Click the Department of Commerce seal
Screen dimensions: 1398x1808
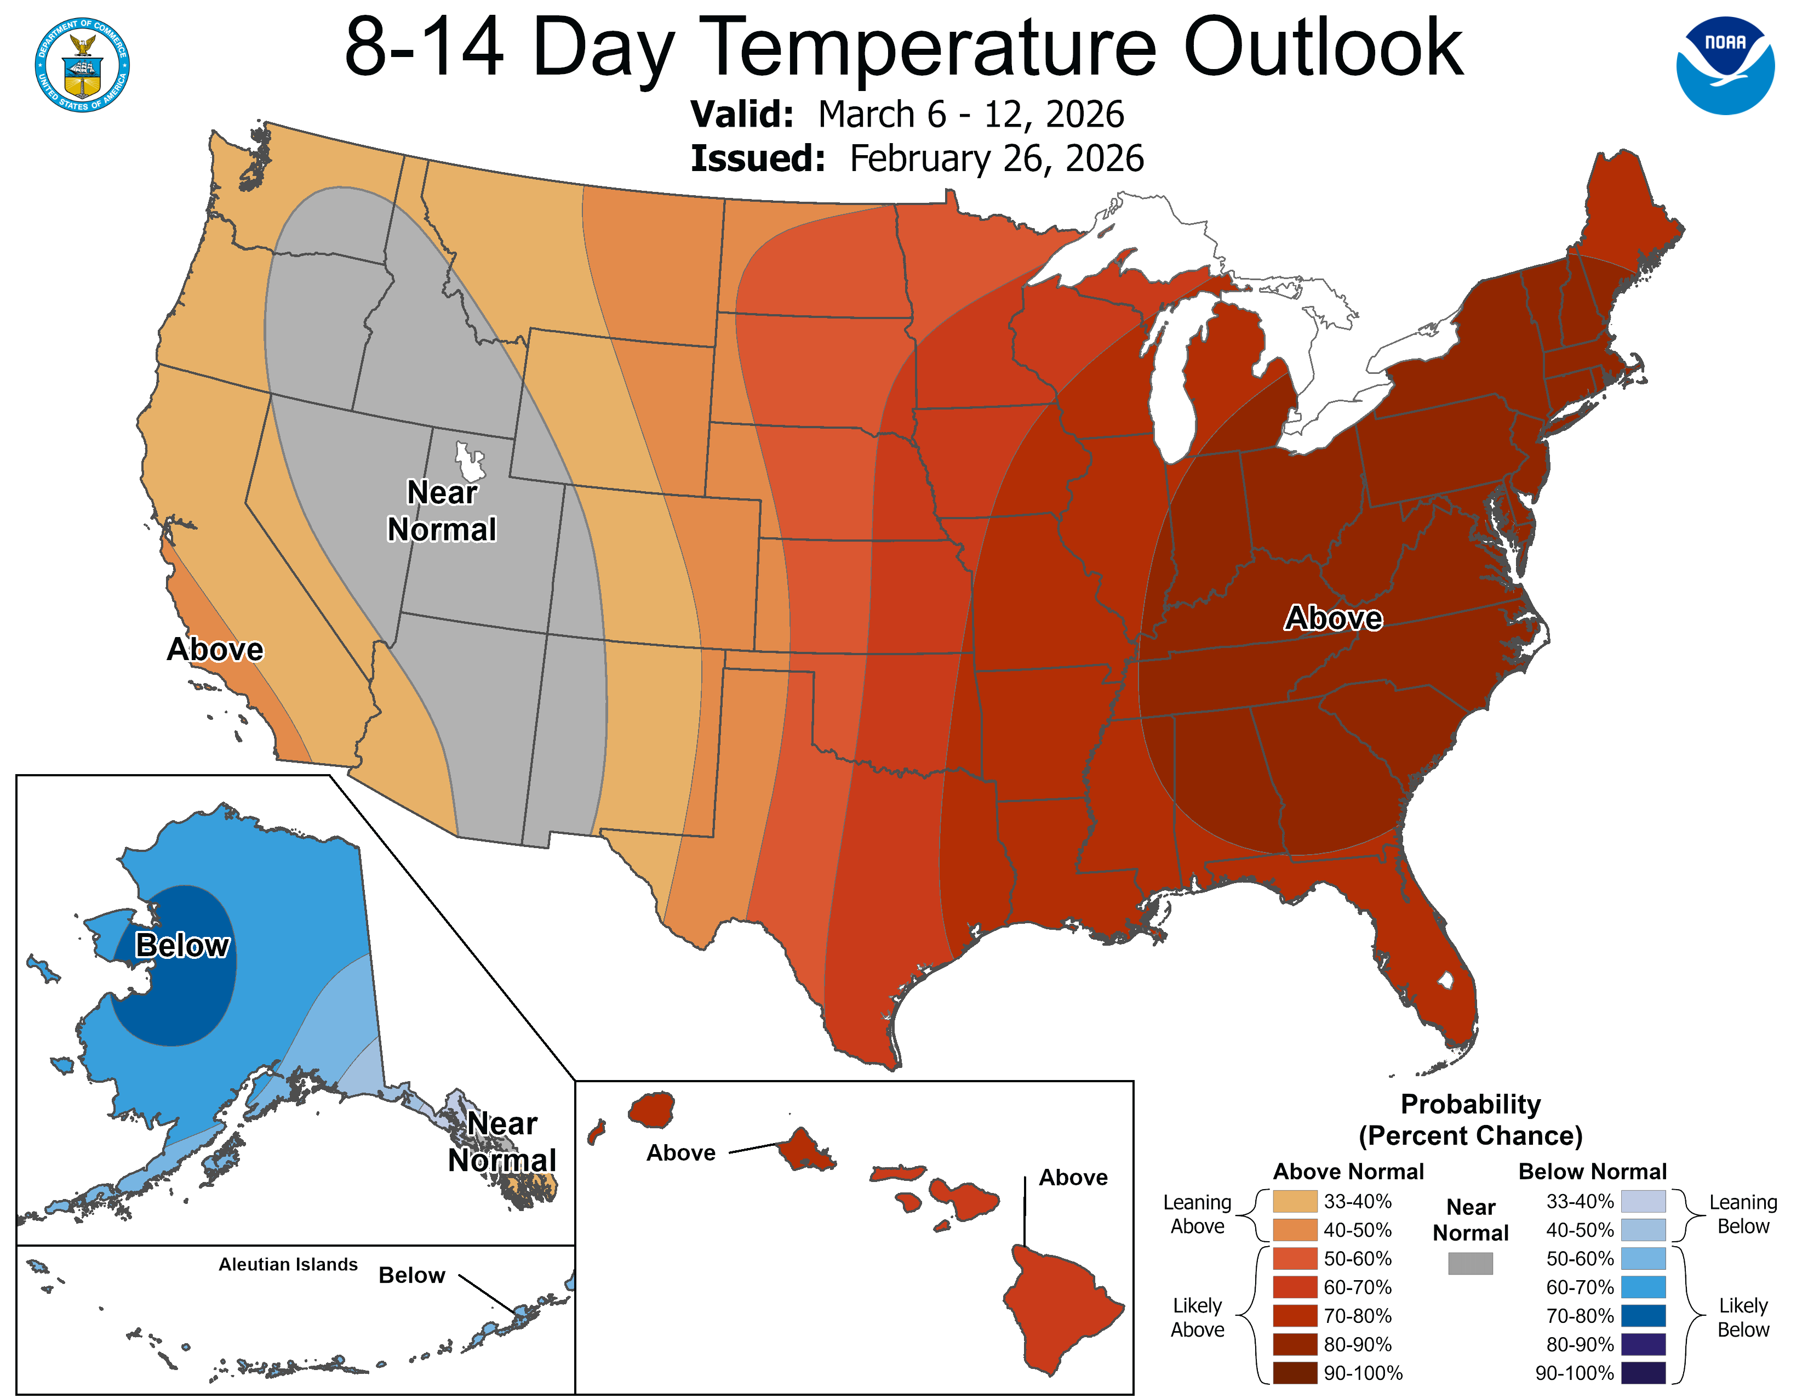tap(82, 65)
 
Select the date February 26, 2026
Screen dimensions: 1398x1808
tap(996, 158)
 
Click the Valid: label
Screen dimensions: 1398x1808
tap(742, 114)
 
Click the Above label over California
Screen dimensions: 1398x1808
tap(215, 649)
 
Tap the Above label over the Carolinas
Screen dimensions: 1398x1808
tap(1333, 618)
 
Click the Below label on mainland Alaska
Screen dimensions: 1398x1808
tap(182, 945)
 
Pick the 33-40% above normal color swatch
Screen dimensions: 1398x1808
tap(1295, 1201)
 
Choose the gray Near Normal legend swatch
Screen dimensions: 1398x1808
tap(1471, 1263)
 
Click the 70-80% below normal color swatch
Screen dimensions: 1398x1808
tap(1643, 1315)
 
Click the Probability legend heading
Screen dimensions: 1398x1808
tap(1471, 1104)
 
